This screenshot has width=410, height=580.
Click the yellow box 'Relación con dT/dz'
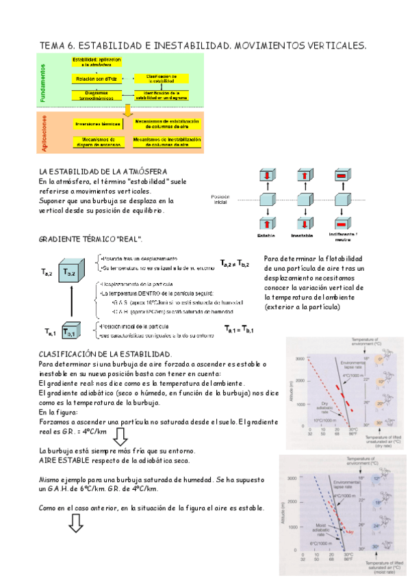point(95,79)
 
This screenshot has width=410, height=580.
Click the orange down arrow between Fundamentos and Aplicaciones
point(127,111)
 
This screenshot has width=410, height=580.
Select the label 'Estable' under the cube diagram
point(266,235)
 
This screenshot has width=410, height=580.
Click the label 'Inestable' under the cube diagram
point(302,235)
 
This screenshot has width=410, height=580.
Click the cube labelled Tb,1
point(71,331)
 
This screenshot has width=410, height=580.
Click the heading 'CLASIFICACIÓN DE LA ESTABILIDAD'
point(105,354)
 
